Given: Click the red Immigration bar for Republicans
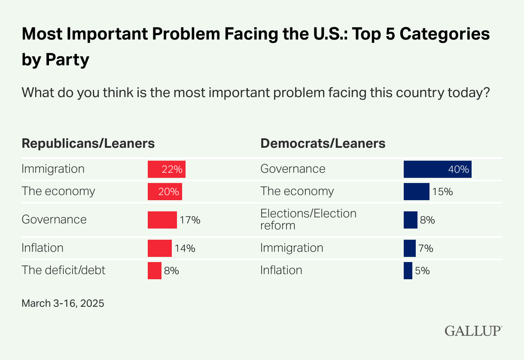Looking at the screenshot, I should click(x=166, y=169).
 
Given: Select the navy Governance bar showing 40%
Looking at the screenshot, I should click(x=437, y=169).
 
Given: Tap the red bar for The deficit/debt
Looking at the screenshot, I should click(x=155, y=271).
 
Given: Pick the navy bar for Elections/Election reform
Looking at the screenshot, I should click(x=411, y=220).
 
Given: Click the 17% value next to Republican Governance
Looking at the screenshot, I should click(x=190, y=220).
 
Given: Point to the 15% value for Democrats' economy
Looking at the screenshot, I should click(x=442, y=192).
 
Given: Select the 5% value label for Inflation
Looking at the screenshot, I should click(x=423, y=271).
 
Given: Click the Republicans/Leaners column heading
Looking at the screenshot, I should click(x=88, y=143).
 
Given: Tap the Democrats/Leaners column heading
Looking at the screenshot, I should click(x=323, y=143).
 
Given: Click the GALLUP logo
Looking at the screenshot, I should click(x=473, y=331).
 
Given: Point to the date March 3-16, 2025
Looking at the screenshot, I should click(x=63, y=303).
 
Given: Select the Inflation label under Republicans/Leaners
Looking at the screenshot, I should click(x=43, y=248).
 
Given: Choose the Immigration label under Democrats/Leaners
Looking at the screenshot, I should click(x=292, y=248).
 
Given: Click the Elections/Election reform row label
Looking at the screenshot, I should click(x=308, y=219).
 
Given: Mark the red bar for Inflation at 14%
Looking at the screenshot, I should click(x=159, y=248).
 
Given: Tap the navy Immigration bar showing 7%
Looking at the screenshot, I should click(x=409, y=248).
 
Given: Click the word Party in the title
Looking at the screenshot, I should click(x=68, y=59).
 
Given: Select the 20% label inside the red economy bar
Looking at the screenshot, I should click(x=169, y=192).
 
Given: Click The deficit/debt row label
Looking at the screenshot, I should click(x=63, y=270).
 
